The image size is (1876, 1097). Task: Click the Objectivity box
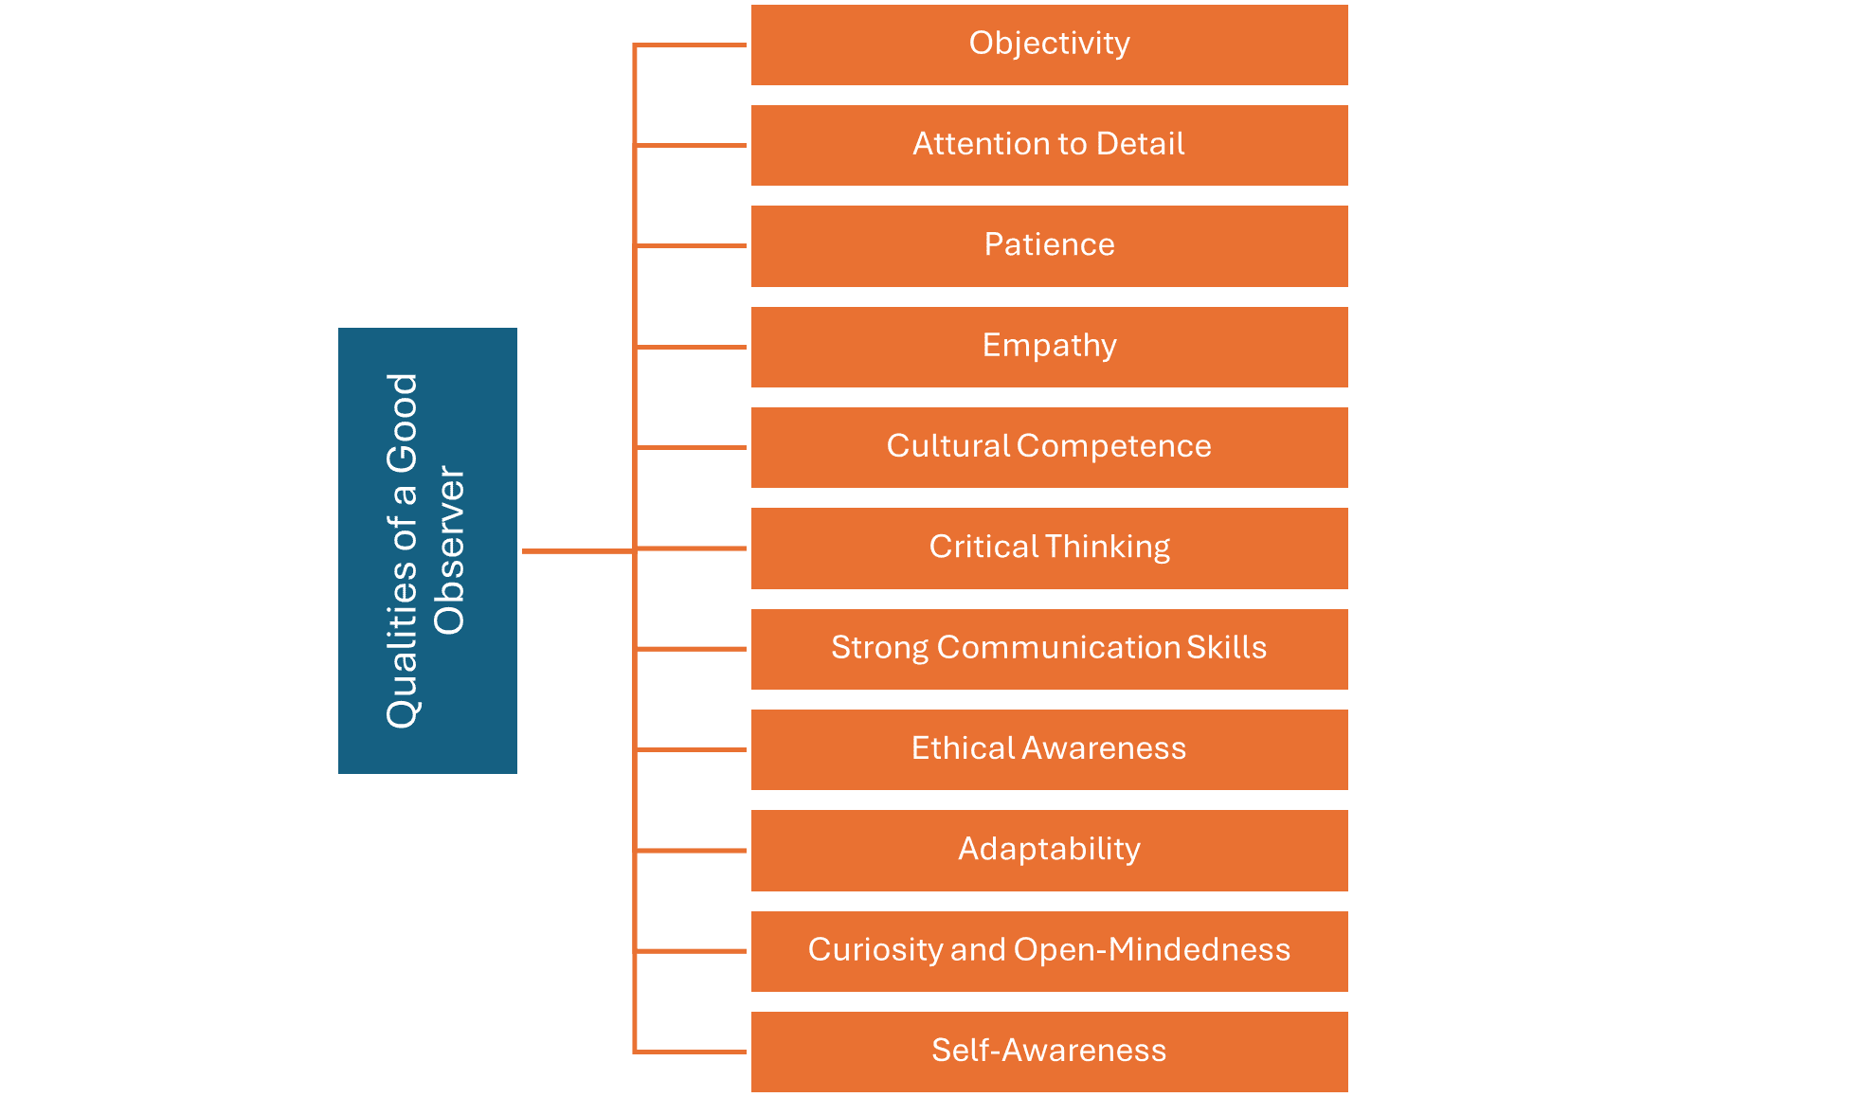click(1049, 45)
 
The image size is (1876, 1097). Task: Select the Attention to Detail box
click(1049, 145)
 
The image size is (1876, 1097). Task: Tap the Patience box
click(1049, 245)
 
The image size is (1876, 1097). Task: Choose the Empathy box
click(1049, 347)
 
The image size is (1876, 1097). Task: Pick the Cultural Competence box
click(1049, 447)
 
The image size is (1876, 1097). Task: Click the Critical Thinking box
click(1049, 548)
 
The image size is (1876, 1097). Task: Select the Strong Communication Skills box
click(1049, 649)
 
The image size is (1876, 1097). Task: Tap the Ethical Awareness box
click(1049, 749)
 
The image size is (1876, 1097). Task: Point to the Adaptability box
click(1049, 850)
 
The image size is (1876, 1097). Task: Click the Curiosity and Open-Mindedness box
click(1049, 951)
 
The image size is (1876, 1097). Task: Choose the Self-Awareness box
click(1049, 1052)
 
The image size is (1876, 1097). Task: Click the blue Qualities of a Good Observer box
click(427, 550)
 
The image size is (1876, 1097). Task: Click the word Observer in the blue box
click(449, 550)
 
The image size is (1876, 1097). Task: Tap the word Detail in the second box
click(1140, 144)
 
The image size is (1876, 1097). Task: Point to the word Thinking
click(1108, 548)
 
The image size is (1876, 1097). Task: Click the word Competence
click(1114, 446)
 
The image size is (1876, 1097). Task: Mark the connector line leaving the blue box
click(576, 550)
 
